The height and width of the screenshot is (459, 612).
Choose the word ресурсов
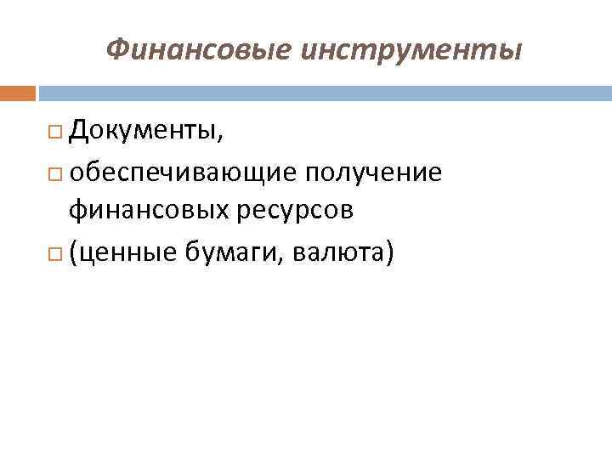coord(292,211)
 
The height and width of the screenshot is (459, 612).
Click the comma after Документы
coord(224,139)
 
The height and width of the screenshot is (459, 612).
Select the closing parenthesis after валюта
coord(388,253)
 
